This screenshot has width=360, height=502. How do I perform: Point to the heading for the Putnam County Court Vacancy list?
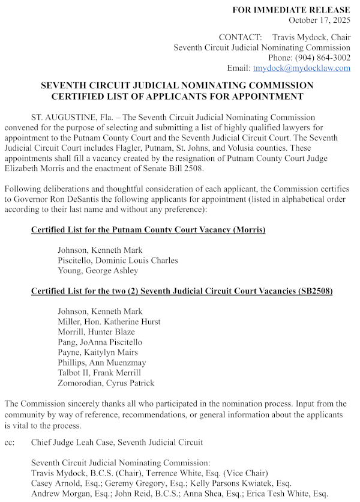[x=148, y=230]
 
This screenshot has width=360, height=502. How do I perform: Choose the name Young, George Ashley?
[x=98, y=270]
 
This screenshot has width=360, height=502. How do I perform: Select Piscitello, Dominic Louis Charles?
[x=118, y=260]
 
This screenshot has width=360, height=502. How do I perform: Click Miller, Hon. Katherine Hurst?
[x=109, y=321]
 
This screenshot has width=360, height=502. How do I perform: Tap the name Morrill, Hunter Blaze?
[x=96, y=331]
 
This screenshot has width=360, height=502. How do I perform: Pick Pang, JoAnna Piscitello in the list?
[x=100, y=342]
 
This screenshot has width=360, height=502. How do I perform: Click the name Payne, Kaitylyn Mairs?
[x=97, y=352]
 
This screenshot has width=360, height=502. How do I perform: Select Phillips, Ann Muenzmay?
[x=101, y=363]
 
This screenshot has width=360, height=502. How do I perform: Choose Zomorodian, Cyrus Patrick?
[x=106, y=383]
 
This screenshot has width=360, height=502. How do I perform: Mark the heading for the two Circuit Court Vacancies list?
[x=182, y=291]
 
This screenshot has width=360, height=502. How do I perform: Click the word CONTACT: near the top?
[x=240, y=37]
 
